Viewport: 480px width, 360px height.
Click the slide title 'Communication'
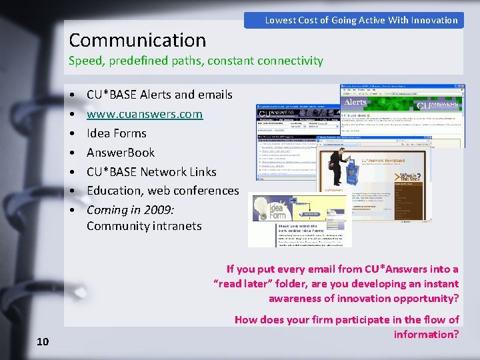[137, 41]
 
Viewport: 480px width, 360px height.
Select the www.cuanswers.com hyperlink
[144, 114]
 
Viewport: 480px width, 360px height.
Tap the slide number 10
[43, 342]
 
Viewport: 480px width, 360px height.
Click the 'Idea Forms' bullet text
[116, 133]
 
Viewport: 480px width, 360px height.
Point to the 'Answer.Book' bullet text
[120, 153]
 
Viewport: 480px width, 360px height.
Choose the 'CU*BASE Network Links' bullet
[151, 172]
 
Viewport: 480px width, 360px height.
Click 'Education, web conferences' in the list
[162, 191]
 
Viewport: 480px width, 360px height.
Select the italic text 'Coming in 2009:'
[130, 210]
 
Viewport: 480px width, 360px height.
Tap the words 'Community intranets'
[143, 226]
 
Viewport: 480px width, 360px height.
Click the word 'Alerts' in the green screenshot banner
[356, 102]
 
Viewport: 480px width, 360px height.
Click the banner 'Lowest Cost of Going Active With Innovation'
[361, 20]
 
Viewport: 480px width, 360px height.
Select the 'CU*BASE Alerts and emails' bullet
[159, 95]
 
